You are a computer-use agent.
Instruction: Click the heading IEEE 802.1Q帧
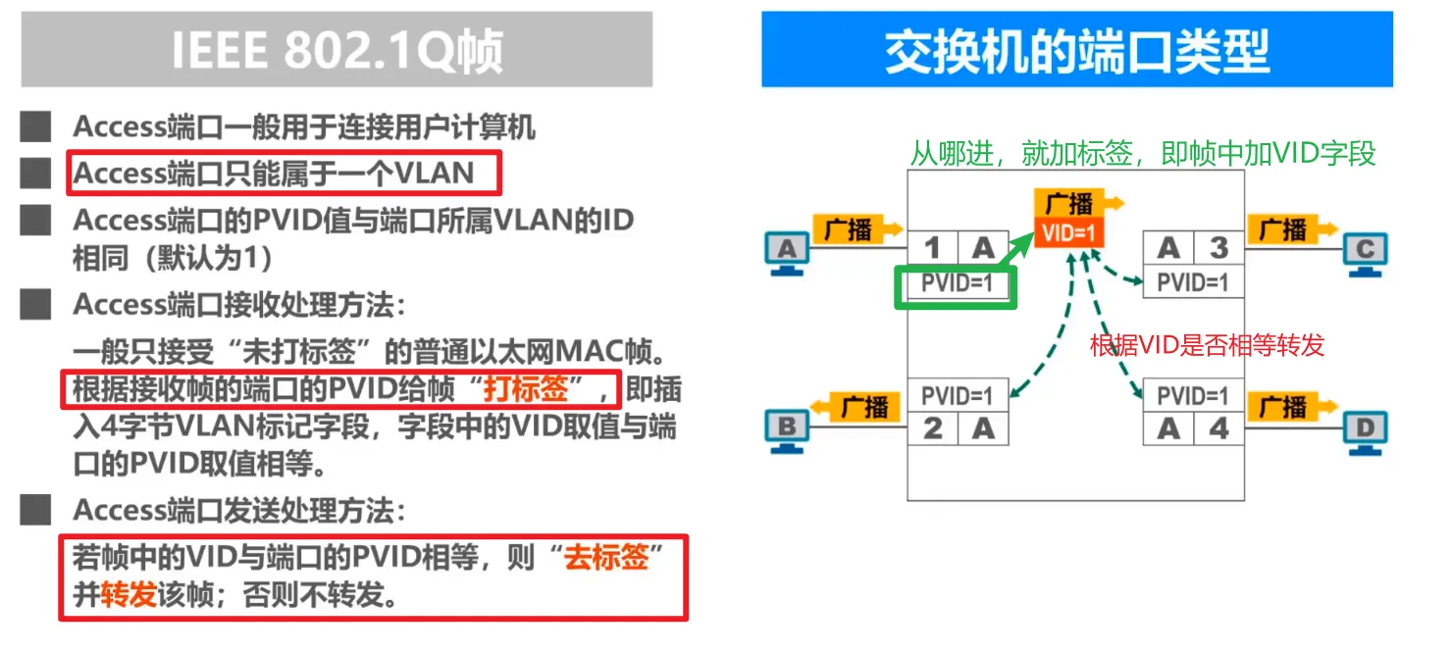[x=337, y=51]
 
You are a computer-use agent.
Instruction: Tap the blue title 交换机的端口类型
[x=1076, y=51]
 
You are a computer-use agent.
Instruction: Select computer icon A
[x=787, y=250]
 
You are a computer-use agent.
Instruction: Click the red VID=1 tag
[x=1068, y=233]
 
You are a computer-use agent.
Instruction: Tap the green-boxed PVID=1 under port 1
[x=957, y=284]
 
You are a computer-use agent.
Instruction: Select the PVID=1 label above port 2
[x=957, y=396]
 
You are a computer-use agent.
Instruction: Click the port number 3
[x=1219, y=248]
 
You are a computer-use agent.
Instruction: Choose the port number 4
[x=1219, y=428]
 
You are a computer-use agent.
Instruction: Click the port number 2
[x=933, y=428]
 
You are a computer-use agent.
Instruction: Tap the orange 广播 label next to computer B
[x=863, y=406]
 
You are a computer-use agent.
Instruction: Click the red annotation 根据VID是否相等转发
[x=1207, y=344]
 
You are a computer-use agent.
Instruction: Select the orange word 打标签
[x=526, y=389]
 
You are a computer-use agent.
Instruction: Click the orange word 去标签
[x=606, y=558]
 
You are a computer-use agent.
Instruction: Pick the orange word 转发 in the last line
[x=129, y=594]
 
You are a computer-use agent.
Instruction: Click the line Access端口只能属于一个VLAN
[x=274, y=174]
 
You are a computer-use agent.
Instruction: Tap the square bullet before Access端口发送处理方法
[x=35, y=510]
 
